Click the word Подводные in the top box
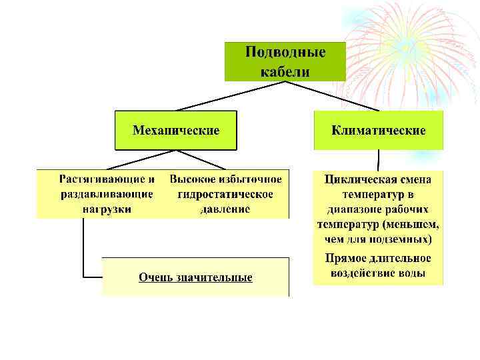(x=285, y=52)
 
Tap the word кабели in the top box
(x=285, y=70)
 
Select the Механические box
(x=176, y=130)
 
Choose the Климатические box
(x=378, y=130)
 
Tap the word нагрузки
(x=107, y=209)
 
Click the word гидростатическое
(x=225, y=194)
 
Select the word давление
(x=225, y=209)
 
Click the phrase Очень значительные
(x=195, y=277)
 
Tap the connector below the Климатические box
(x=378, y=160)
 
